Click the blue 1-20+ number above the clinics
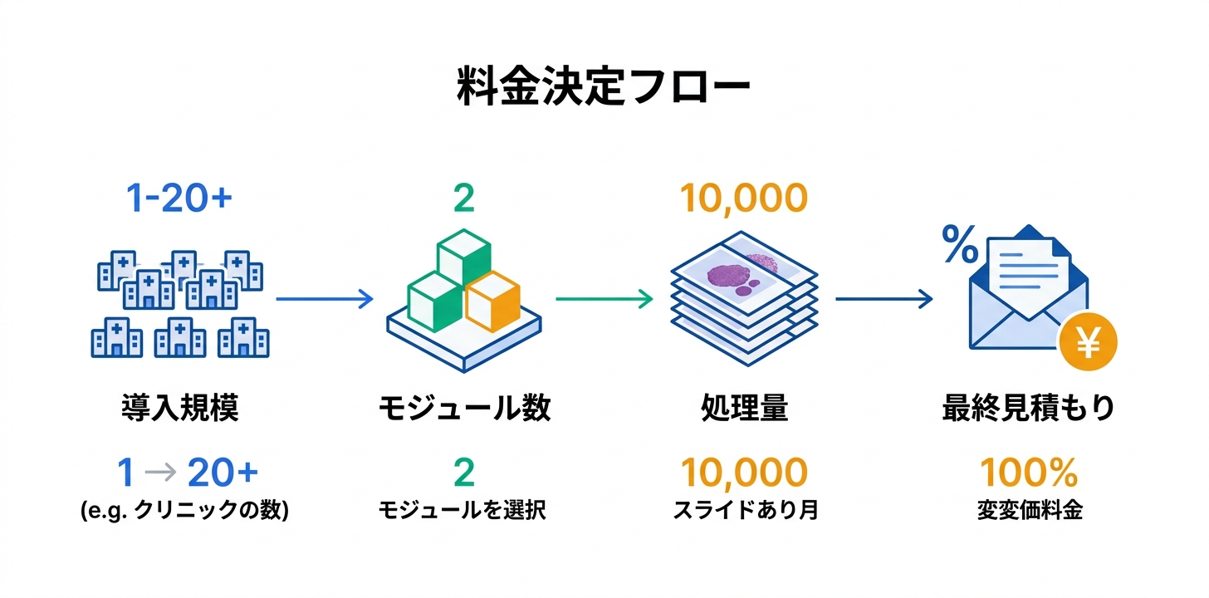(179, 198)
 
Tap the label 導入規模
(179, 408)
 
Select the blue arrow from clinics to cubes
(324, 300)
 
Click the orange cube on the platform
(492, 301)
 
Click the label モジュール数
(464, 408)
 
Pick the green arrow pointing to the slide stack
(604, 300)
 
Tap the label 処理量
(743, 408)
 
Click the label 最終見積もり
(1028, 408)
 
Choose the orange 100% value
(1029, 473)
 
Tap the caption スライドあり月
(745, 510)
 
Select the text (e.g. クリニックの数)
(184, 510)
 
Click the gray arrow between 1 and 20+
(160, 473)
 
